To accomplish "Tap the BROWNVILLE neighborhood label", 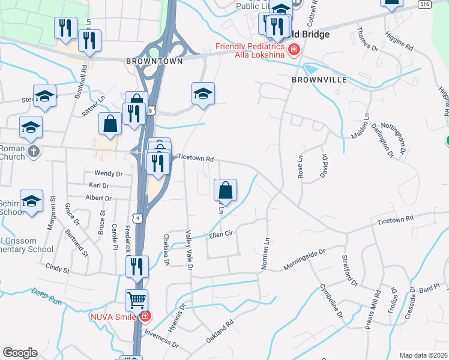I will click(315, 79).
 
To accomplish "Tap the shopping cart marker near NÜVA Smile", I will click(137, 299).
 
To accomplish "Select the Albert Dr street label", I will click(99, 198).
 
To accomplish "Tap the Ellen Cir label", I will click(220, 235).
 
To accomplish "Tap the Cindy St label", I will click(58, 267).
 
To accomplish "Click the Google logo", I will click(20, 353).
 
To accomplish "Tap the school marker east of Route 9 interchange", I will click(203, 94).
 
